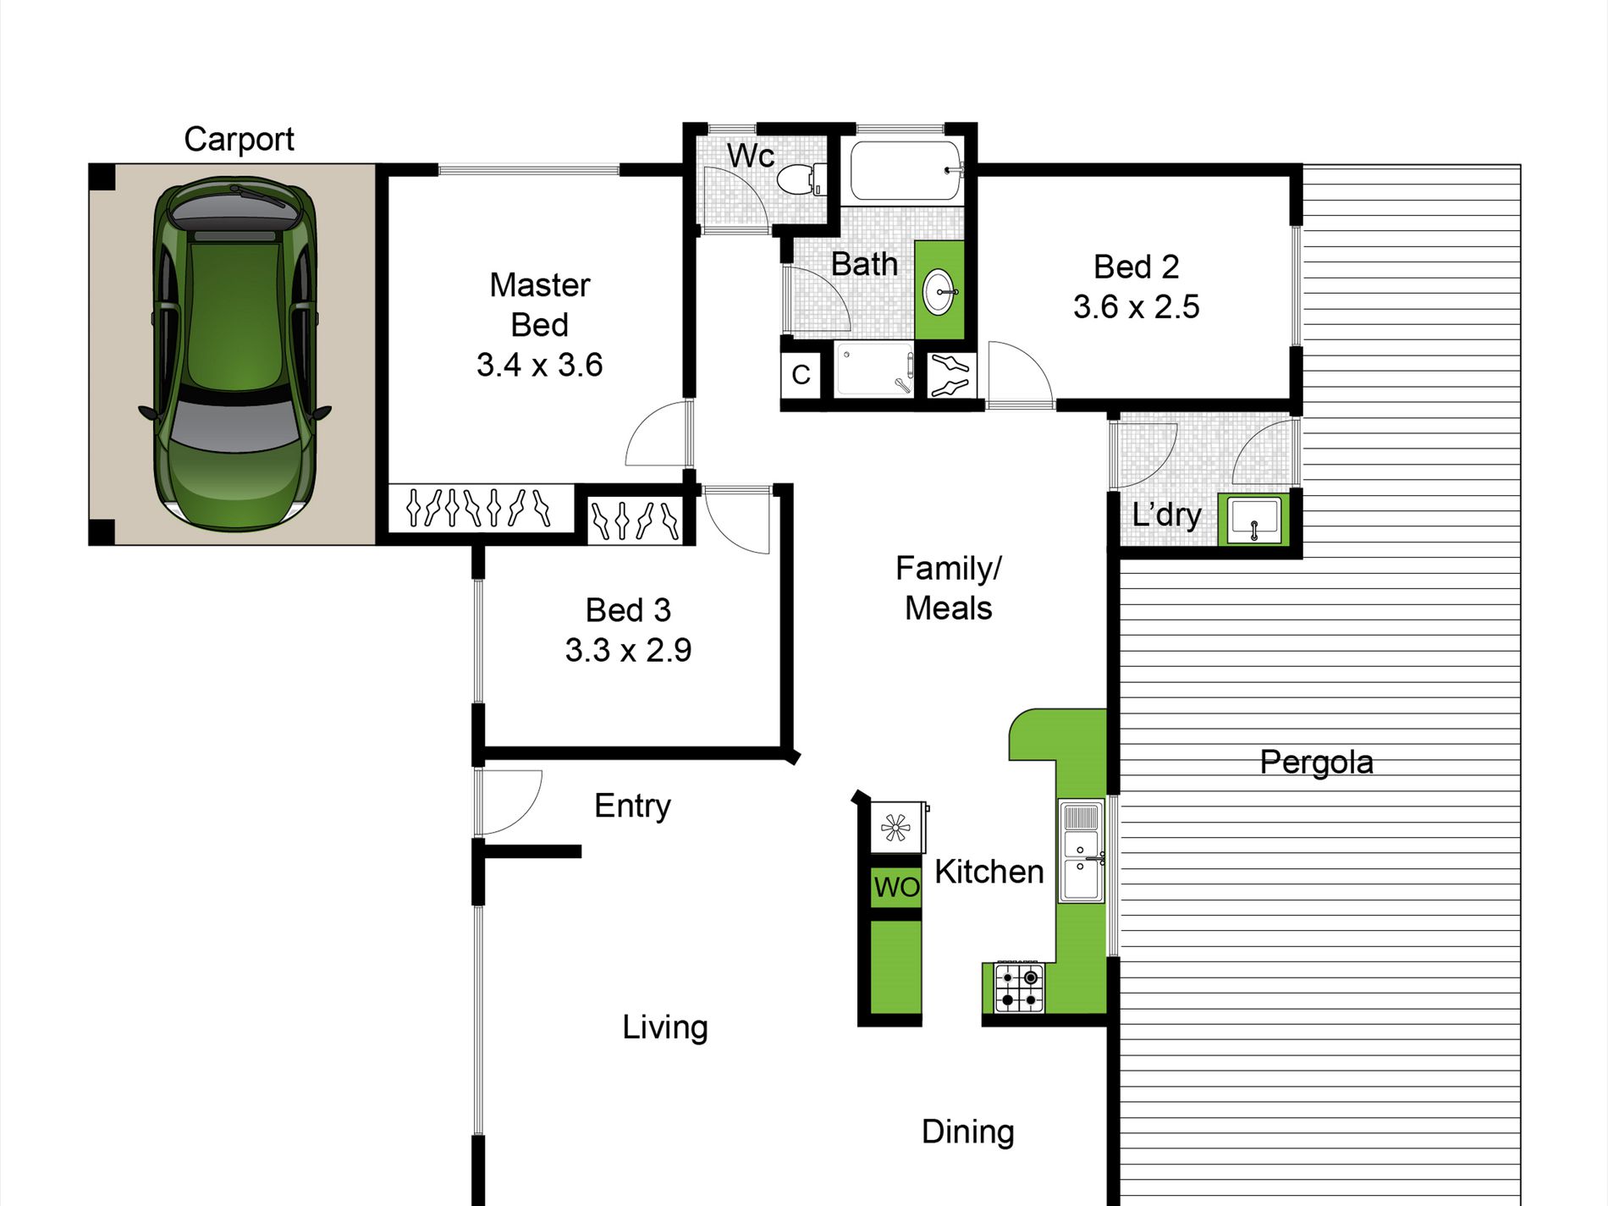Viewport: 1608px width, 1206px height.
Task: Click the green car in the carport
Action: [235, 354]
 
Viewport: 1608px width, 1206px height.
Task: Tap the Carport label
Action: [239, 140]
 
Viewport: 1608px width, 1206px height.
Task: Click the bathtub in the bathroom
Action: [906, 170]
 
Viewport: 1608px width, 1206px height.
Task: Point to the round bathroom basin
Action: [939, 292]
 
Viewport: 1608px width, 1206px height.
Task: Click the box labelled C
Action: [801, 374]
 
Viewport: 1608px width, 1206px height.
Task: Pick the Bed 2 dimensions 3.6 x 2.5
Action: [1136, 306]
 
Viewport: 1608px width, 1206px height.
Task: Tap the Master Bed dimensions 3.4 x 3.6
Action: [539, 365]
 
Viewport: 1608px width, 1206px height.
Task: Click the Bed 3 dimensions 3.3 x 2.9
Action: [628, 650]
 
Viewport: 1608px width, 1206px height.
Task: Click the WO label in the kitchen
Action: [896, 887]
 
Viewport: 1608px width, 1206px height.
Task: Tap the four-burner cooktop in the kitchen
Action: [1019, 988]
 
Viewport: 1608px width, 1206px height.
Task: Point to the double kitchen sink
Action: [1081, 851]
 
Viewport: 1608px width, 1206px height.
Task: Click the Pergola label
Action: [1316, 763]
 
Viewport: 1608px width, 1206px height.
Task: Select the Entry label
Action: [632, 807]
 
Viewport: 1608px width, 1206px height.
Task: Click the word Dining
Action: [967, 1132]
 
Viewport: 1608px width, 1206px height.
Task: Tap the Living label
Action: [664, 1027]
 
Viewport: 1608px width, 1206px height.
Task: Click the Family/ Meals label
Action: [948, 588]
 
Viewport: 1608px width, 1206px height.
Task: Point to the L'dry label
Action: [1166, 515]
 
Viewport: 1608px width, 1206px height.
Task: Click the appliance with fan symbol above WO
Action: [897, 827]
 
